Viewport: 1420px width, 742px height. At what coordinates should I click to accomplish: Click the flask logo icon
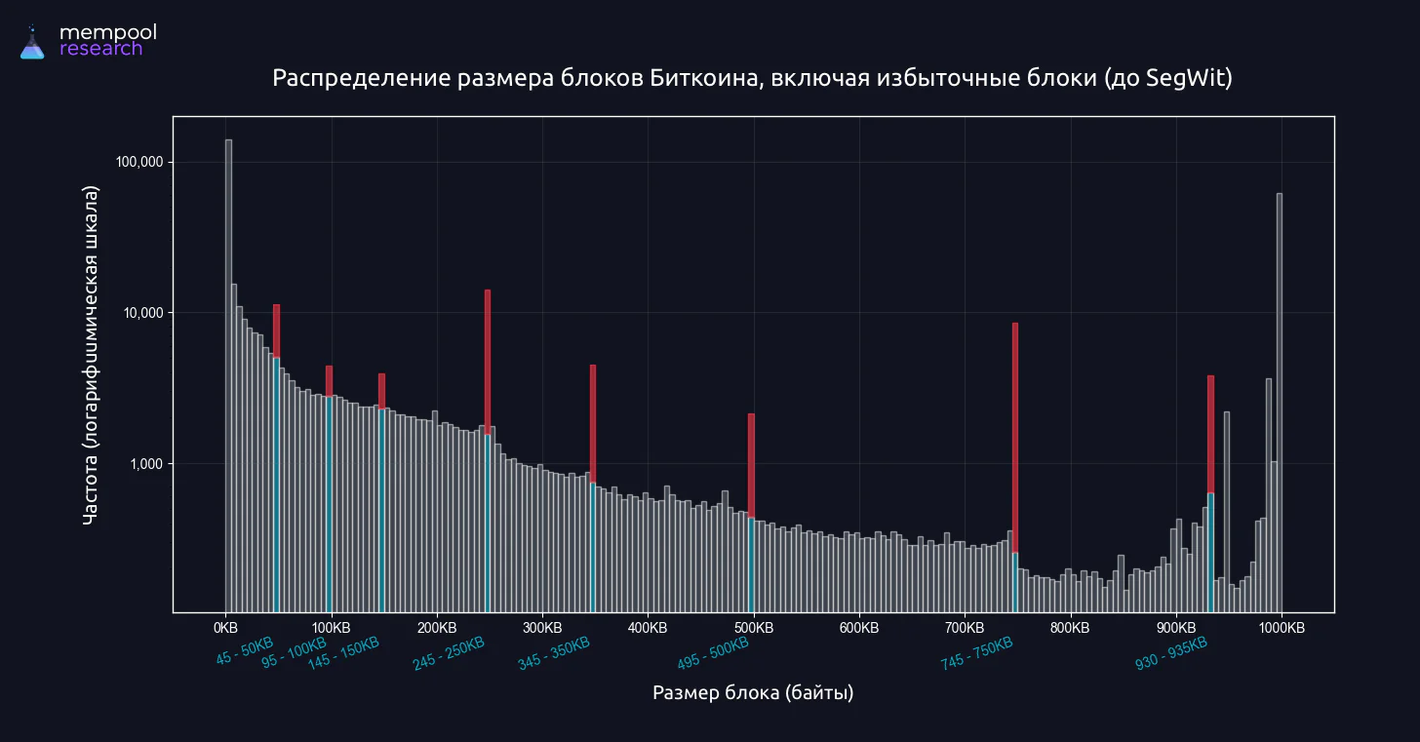click(31, 43)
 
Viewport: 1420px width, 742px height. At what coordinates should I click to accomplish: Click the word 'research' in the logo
click(100, 49)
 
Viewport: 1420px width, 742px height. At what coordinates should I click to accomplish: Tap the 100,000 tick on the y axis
click(139, 162)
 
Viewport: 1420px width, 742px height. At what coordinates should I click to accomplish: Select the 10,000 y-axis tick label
click(143, 312)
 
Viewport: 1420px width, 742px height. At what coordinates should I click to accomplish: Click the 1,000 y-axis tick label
click(146, 464)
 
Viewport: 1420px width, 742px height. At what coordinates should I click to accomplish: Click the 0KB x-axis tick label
click(225, 628)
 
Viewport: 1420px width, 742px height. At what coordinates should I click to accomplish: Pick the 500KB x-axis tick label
click(754, 628)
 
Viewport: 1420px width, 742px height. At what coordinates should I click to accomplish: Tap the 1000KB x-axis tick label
click(1282, 628)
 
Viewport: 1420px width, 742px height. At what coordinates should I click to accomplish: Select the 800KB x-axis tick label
click(1070, 628)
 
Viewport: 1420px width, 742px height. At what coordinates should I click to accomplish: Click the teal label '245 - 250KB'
click(449, 653)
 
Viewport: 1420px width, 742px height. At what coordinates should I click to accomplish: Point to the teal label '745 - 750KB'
click(976, 653)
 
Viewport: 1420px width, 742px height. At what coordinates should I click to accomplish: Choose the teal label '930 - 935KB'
click(1171, 653)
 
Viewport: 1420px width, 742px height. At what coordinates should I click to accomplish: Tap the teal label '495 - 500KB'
click(713, 653)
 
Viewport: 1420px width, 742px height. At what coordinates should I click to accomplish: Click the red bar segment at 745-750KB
click(1015, 438)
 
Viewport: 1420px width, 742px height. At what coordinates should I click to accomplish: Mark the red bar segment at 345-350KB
click(593, 424)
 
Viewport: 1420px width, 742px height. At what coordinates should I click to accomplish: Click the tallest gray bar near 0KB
click(229, 375)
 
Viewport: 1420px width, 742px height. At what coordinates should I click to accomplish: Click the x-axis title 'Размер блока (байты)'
click(753, 692)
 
